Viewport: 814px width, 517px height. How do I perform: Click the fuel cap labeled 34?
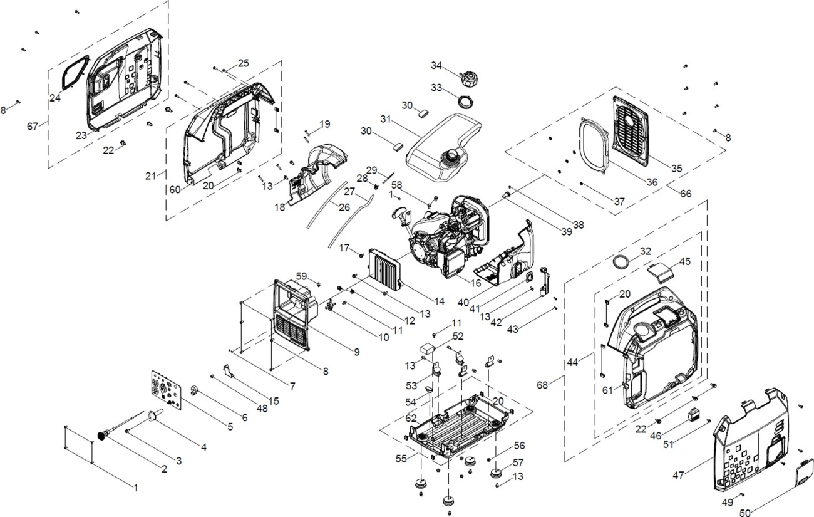tap(467, 80)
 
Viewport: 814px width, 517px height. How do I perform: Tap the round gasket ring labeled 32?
tap(620, 261)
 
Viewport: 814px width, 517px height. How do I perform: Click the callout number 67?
tap(33, 126)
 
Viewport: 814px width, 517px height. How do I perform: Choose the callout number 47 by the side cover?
tap(678, 475)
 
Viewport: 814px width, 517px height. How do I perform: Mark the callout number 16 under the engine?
tap(475, 283)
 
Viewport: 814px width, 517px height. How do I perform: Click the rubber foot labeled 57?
tap(499, 471)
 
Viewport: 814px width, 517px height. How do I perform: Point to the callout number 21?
tap(150, 176)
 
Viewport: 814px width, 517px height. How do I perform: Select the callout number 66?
tap(686, 194)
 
